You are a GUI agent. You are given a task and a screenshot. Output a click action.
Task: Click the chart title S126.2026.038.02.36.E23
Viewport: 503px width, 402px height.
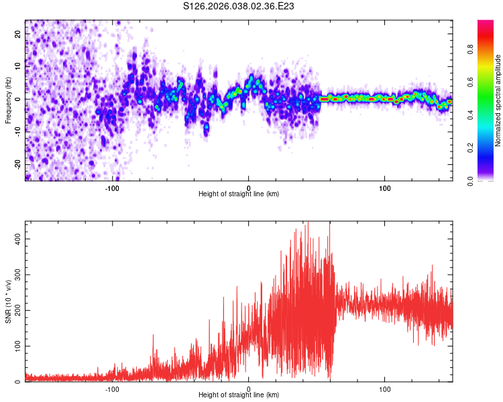(x=239, y=7)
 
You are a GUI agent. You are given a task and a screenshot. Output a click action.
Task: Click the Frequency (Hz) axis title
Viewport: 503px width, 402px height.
(x=7, y=100)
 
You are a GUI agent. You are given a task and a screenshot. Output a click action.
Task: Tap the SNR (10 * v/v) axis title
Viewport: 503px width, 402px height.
(x=7, y=302)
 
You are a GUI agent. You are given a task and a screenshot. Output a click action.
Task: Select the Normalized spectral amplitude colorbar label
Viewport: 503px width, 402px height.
(x=498, y=100)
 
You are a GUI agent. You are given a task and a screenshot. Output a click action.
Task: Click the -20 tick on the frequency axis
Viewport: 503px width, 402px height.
(x=17, y=164)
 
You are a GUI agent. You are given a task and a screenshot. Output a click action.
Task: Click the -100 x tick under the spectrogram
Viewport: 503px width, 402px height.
(x=112, y=188)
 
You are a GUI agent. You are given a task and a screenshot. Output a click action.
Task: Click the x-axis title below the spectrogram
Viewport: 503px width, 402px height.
(x=239, y=194)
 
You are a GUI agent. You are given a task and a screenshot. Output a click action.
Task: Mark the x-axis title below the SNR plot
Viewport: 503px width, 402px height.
(x=239, y=395)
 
